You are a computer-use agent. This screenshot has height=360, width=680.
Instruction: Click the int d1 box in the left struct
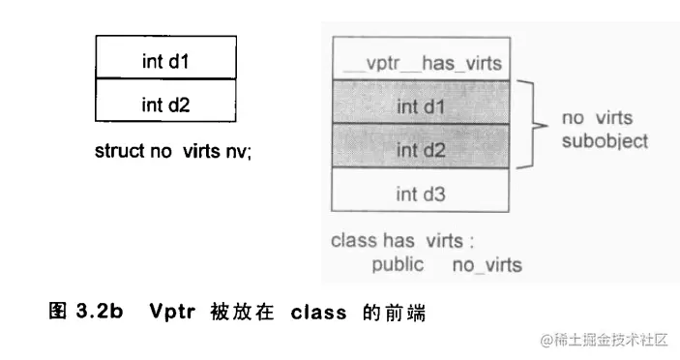[165, 58]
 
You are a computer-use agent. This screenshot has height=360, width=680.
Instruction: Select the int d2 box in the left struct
[165, 102]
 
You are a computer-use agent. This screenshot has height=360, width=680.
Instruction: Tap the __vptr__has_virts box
[421, 64]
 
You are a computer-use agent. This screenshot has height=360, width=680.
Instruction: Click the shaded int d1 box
[421, 105]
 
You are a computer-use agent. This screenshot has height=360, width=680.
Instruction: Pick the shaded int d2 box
[421, 150]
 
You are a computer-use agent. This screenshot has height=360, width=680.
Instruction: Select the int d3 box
[421, 194]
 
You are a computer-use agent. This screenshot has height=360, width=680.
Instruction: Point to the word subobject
[606, 140]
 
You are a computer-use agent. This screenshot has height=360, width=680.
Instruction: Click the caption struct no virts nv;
[173, 152]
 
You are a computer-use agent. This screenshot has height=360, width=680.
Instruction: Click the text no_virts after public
[487, 264]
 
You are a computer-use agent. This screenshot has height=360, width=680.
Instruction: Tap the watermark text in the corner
[605, 340]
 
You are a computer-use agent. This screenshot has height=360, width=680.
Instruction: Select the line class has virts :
[402, 241]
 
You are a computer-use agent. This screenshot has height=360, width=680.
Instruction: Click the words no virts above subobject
[597, 118]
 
